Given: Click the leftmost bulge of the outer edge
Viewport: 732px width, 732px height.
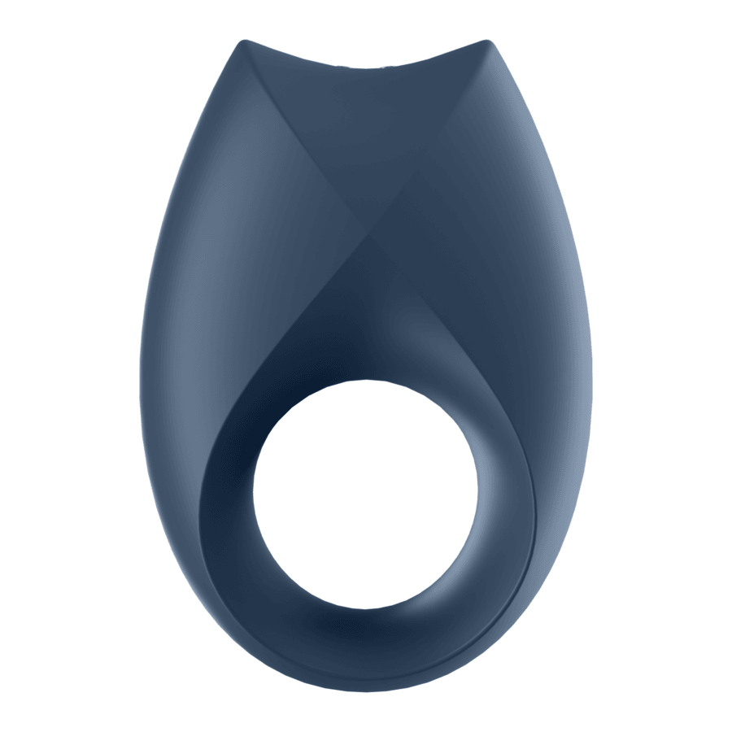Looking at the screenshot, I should [x=142, y=390].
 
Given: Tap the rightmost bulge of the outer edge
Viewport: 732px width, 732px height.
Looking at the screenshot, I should [x=591, y=390].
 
